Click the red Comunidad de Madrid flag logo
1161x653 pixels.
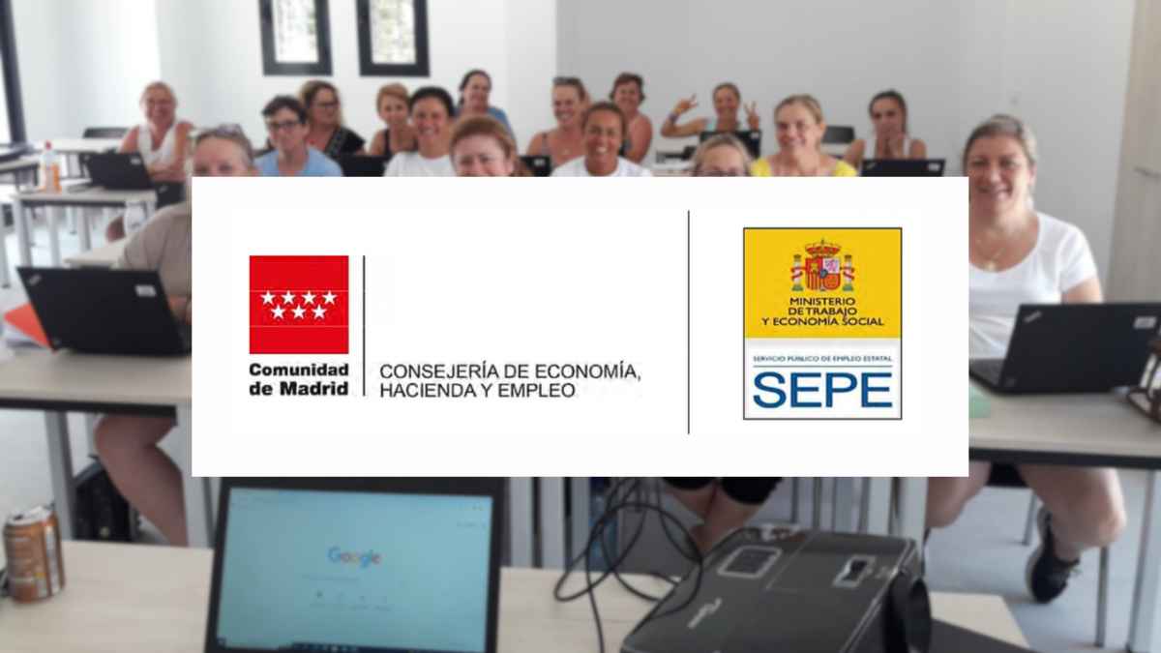298,304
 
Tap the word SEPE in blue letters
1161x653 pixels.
821,389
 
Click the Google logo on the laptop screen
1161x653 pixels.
354,556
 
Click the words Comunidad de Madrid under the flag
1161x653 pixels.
298,378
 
